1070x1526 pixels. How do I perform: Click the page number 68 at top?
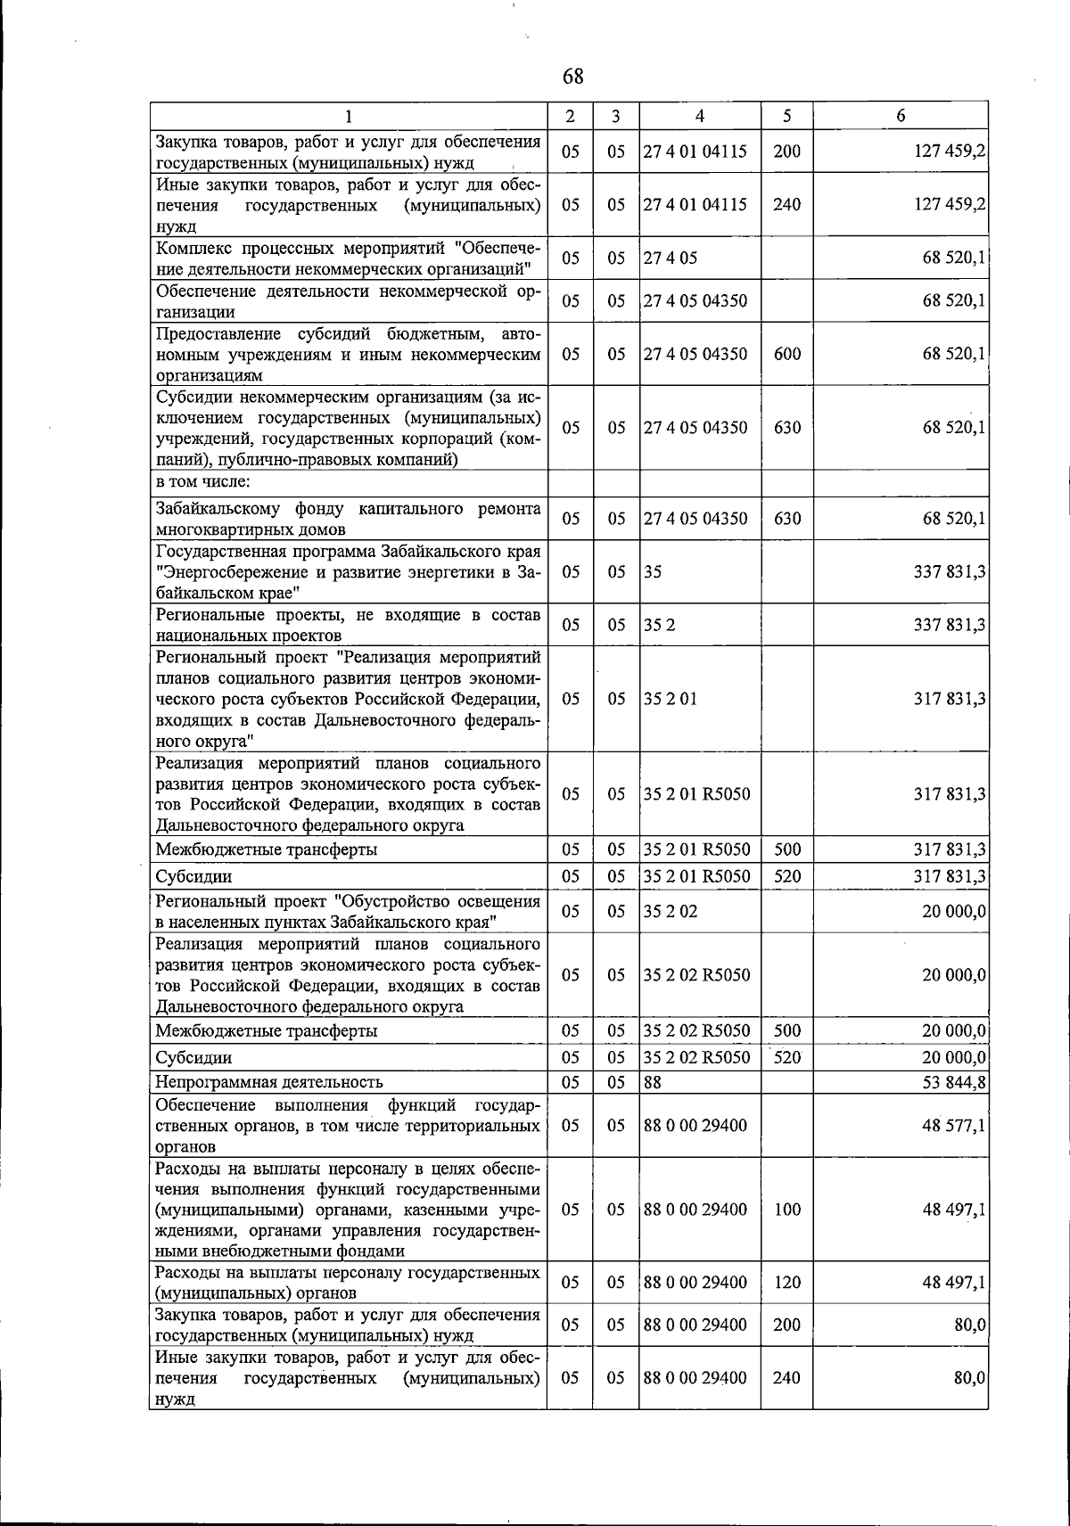click(x=573, y=77)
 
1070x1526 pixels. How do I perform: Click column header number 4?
click(x=699, y=116)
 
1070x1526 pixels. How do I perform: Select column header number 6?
click(x=901, y=116)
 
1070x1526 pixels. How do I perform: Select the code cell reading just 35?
click(x=653, y=571)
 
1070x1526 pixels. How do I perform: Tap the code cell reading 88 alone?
click(x=653, y=1082)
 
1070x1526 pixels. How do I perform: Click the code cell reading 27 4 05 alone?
click(x=671, y=258)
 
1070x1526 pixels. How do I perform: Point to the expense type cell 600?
click(x=787, y=354)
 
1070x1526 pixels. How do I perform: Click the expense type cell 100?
click(x=787, y=1210)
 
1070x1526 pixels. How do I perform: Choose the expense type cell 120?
click(x=787, y=1283)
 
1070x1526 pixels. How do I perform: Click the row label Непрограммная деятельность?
click(x=269, y=1082)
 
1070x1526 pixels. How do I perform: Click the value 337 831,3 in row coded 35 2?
click(x=950, y=625)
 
